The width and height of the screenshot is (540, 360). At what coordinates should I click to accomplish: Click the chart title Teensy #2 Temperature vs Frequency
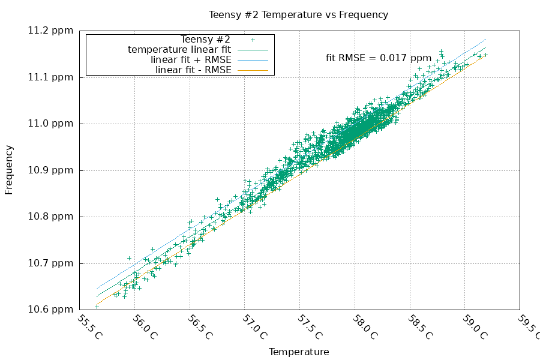coord(298,14)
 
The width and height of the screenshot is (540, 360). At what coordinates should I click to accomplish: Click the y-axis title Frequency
coord(9,170)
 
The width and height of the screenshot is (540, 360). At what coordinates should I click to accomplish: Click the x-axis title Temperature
coord(298,352)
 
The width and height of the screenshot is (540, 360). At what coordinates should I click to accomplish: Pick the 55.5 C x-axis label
coord(90,328)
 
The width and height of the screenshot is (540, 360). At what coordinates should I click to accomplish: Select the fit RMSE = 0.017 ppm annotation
coord(378,58)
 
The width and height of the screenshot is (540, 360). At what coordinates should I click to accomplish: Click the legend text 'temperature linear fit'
coord(179,49)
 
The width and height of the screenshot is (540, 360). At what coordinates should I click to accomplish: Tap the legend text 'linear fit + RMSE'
coord(191,60)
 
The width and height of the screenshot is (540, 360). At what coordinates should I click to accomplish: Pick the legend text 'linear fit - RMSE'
coord(193,70)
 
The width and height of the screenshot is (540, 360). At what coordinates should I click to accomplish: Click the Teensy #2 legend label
coord(205,40)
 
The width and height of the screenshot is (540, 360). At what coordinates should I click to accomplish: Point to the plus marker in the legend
coord(253,40)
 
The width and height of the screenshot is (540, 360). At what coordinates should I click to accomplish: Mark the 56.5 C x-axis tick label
coord(200,328)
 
